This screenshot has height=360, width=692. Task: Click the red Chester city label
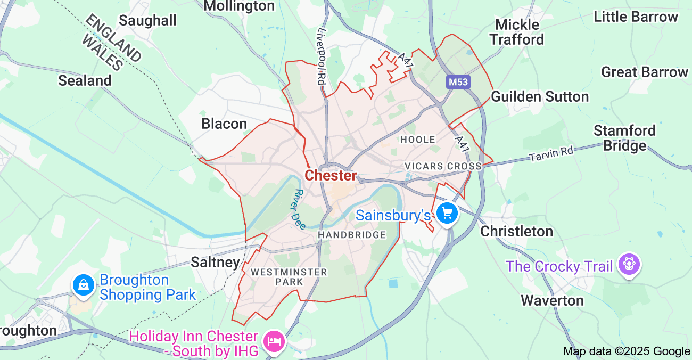tap(331, 175)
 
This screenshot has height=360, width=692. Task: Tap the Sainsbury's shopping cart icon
tap(447, 214)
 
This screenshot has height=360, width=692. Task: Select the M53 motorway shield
tap(458, 82)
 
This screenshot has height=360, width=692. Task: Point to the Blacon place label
tap(224, 124)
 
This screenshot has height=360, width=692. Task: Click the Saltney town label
tap(215, 262)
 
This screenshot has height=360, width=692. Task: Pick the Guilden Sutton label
tap(540, 96)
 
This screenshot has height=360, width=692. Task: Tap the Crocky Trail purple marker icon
tap(629, 264)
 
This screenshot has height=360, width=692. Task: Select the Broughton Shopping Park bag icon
tap(84, 285)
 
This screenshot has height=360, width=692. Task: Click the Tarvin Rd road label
tap(551, 154)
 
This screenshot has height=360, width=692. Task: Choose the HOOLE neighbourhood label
tap(418, 140)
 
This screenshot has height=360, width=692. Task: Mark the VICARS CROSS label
tap(443, 166)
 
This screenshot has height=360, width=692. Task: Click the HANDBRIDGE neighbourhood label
tap(352, 235)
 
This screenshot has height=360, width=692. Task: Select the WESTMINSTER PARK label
tap(289, 276)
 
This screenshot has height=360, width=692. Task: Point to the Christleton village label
tap(517, 231)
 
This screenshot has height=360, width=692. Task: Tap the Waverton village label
tap(552, 300)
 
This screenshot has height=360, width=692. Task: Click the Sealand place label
tap(85, 80)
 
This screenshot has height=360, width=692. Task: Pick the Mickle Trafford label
tap(517, 32)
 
